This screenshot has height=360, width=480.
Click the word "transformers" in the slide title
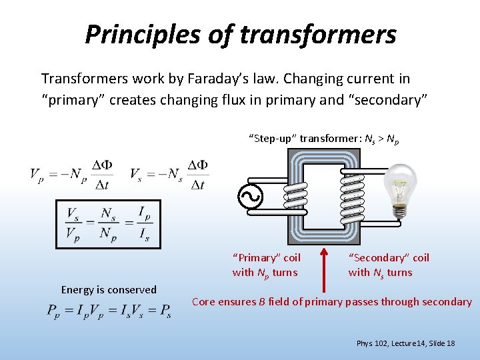[318, 34]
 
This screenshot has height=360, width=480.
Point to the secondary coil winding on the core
[352, 197]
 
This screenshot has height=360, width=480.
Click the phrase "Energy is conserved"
[109, 289]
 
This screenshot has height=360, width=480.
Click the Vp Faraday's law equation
[71, 174]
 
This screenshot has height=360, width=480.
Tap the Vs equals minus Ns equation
[169, 174]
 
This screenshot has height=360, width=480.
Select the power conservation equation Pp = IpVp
[109, 311]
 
